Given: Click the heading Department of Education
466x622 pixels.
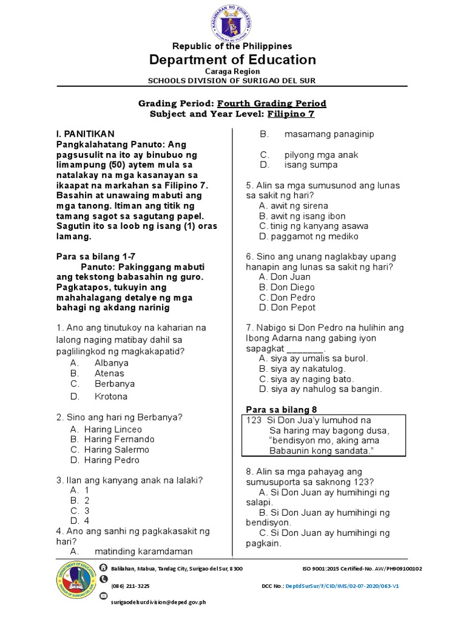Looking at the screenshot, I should [233, 60].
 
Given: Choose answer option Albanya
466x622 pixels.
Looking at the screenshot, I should [111, 363].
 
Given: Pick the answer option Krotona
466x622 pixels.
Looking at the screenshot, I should [111, 396].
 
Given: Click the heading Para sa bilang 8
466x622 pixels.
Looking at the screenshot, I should [282, 409].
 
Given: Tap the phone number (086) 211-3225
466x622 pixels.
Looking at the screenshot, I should [130, 586].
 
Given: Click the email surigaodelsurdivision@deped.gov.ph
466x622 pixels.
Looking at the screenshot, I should [158, 602].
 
